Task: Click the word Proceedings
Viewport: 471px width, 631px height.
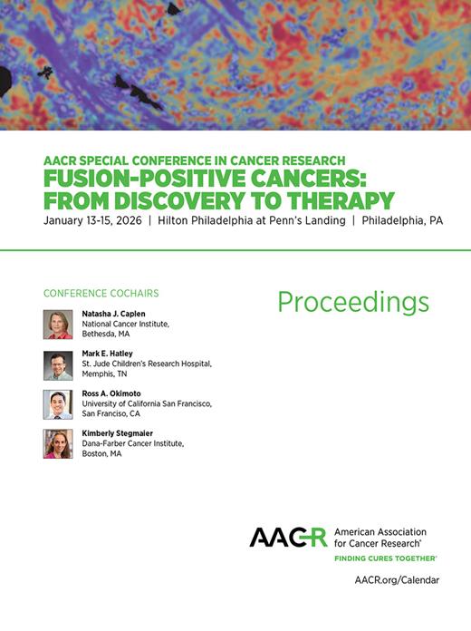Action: click(x=353, y=301)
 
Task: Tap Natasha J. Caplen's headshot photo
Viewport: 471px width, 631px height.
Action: click(x=58, y=324)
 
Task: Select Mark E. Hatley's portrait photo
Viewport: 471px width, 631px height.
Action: click(x=58, y=364)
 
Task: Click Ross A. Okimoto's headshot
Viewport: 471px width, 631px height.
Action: click(x=58, y=404)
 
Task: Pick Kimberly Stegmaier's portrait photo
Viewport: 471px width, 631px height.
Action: click(x=58, y=443)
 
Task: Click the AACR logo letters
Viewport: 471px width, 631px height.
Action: click(x=288, y=537)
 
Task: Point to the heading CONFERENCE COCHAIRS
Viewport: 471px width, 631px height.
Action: click(x=101, y=294)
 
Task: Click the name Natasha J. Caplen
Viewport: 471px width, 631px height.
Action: click(x=113, y=314)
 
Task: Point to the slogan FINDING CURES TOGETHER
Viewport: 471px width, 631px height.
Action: click(x=386, y=558)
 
